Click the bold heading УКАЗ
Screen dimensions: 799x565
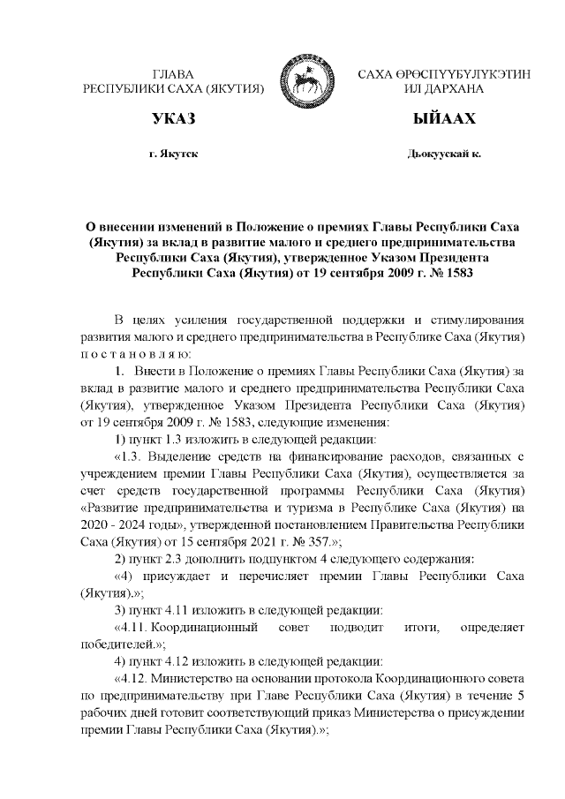click(x=173, y=118)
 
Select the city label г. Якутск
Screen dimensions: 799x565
click(x=173, y=155)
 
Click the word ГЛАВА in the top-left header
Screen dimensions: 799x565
click(x=173, y=75)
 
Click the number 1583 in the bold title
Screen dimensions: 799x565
click(x=456, y=273)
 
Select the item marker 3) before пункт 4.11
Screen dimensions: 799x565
click(x=124, y=610)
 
